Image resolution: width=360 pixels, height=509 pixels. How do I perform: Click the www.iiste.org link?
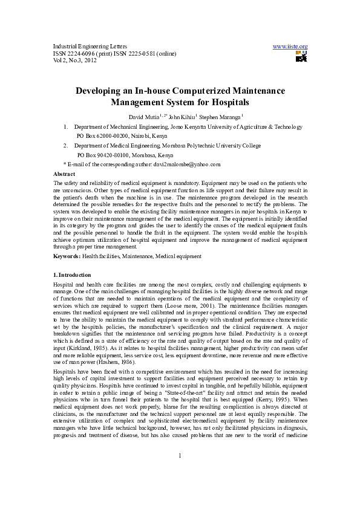click(x=290, y=47)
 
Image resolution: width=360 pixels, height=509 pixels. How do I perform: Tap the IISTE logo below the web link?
click(x=301, y=57)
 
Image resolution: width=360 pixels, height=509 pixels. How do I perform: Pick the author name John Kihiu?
click(x=182, y=116)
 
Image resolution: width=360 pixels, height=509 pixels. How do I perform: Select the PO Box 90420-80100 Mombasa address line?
click(x=125, y=155)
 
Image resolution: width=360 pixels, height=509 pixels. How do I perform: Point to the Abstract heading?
click(x=64, y=173)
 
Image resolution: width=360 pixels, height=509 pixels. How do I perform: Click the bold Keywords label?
click(x=67, y=257)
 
